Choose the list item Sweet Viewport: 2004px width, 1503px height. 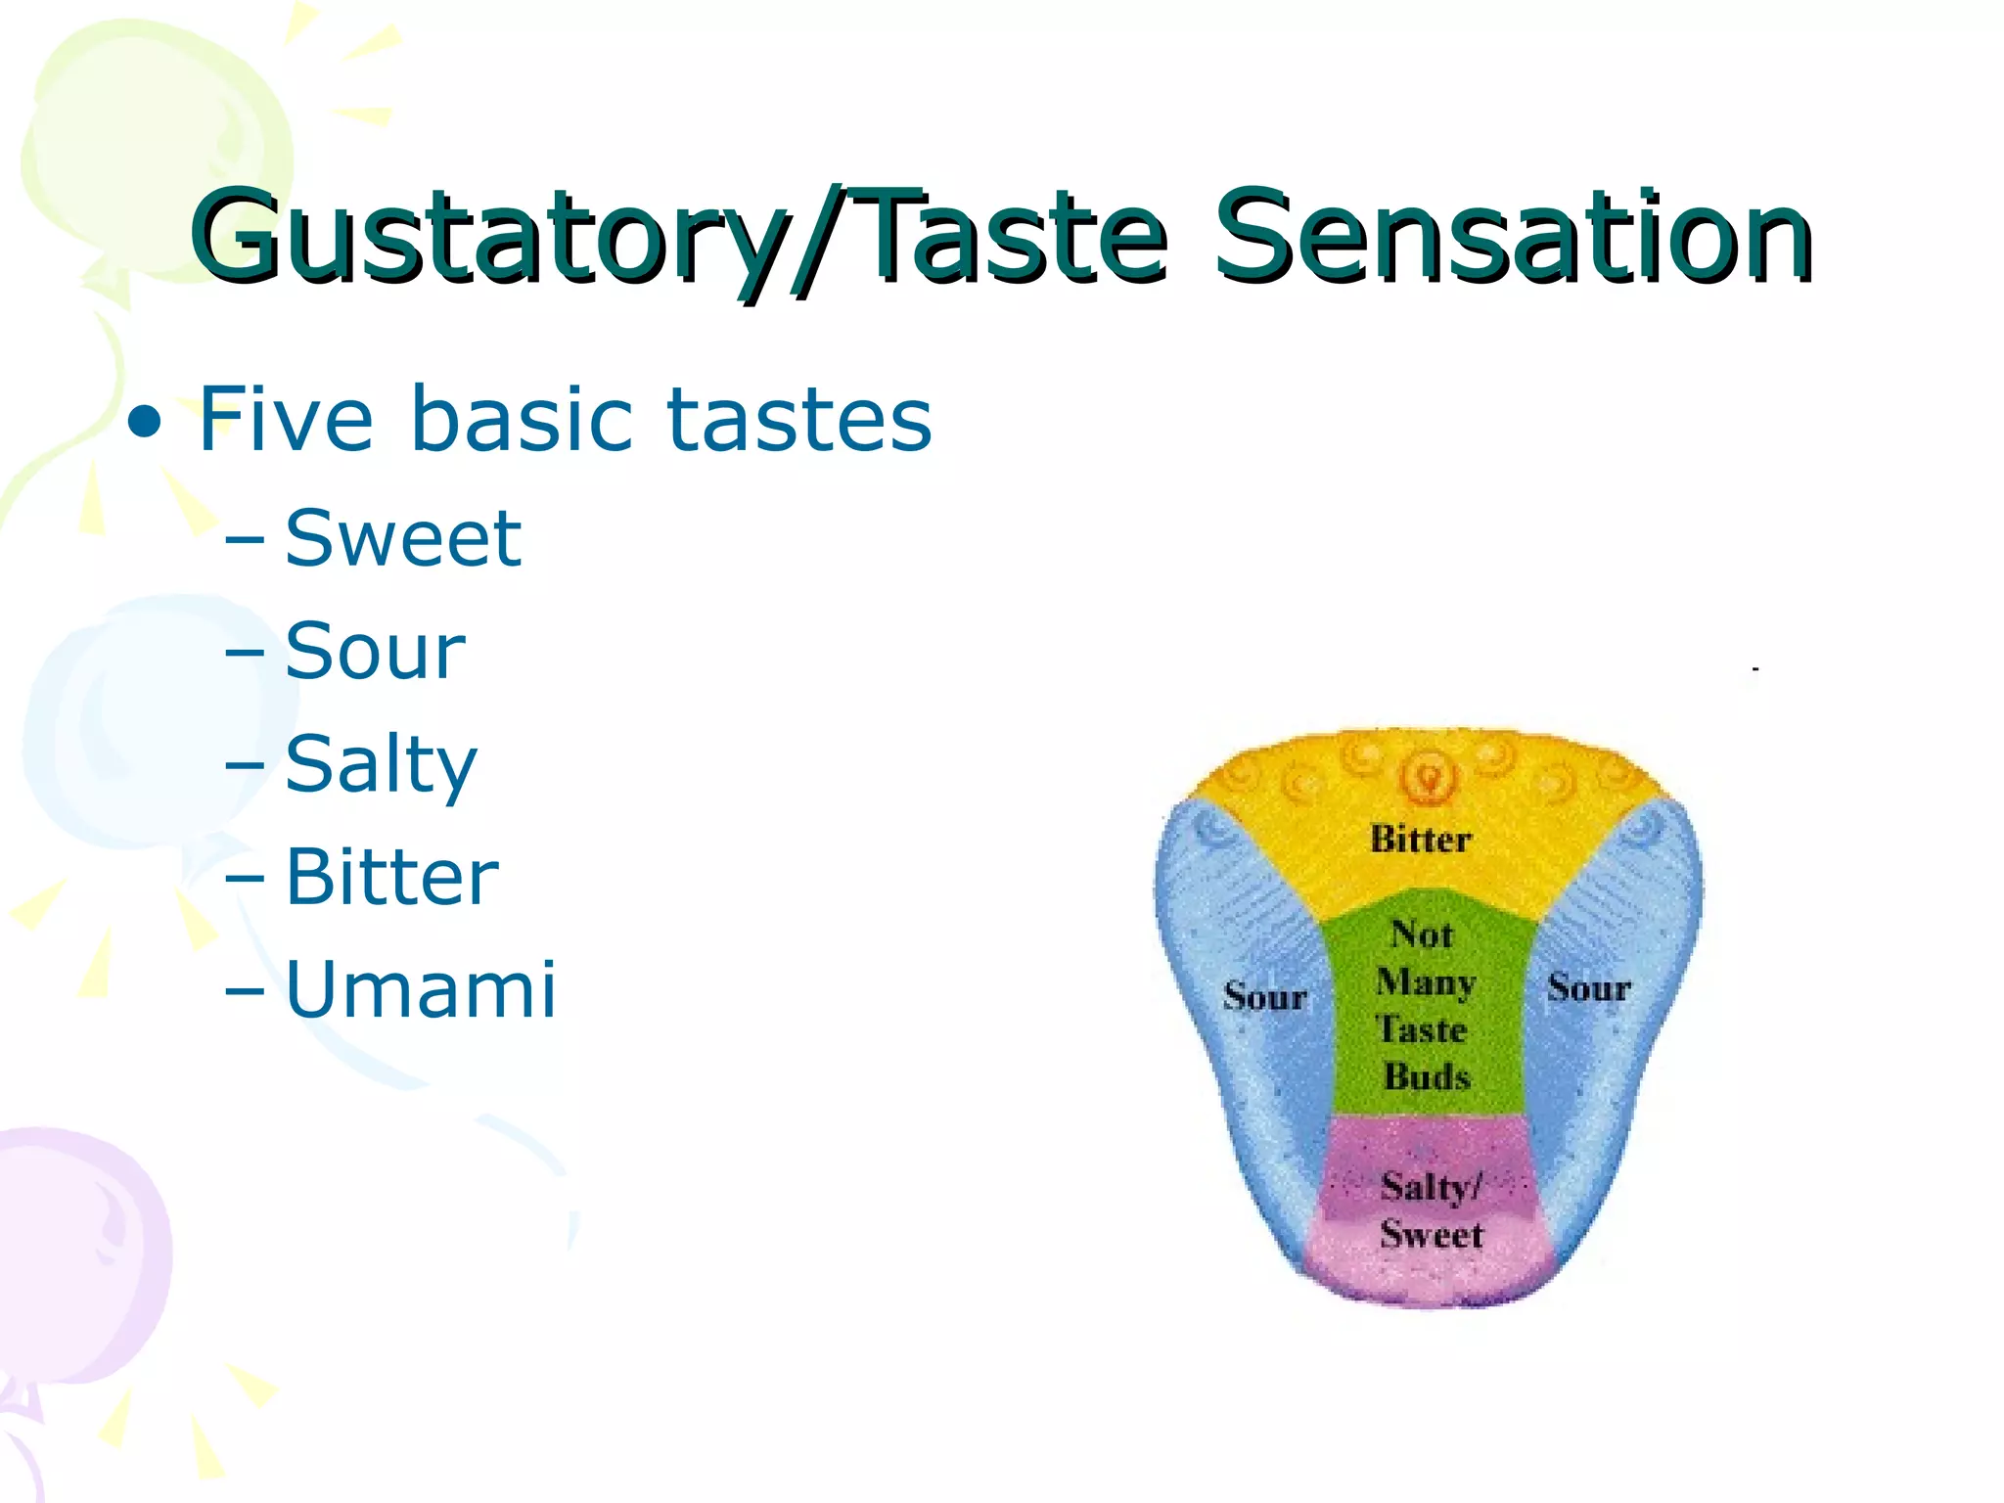403,538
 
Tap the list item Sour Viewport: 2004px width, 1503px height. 375,652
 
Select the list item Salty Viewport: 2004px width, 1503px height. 381,766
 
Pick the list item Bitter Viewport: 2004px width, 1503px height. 391,878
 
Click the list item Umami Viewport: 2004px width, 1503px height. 421,990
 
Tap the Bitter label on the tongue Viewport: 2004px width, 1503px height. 1420,840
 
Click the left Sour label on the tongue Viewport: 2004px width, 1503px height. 1264,997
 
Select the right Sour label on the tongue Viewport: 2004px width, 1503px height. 1588,987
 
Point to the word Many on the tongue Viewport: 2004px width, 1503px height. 1425,981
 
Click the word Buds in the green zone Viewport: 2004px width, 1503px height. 1427,1077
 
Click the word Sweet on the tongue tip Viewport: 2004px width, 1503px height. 1432,1235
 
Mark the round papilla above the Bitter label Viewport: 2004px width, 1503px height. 1430,778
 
